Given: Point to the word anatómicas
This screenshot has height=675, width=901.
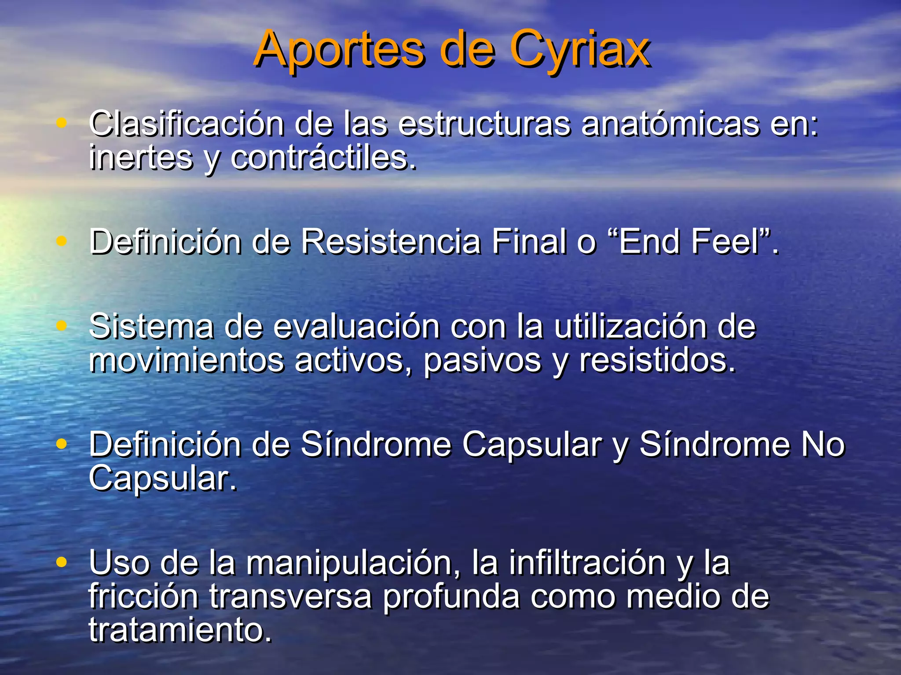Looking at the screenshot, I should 670,124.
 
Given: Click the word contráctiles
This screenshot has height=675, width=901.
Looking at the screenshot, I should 323,158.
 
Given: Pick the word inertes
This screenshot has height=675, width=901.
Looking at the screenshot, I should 141,158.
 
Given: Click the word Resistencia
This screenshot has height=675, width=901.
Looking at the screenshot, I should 391,241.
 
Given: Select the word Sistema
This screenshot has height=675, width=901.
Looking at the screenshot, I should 151,327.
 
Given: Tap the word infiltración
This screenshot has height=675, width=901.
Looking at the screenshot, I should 587,563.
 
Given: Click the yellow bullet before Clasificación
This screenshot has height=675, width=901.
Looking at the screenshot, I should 62,123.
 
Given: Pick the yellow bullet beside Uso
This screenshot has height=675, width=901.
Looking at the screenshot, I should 62,562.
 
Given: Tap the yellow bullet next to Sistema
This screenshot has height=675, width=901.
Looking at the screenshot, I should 62,326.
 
